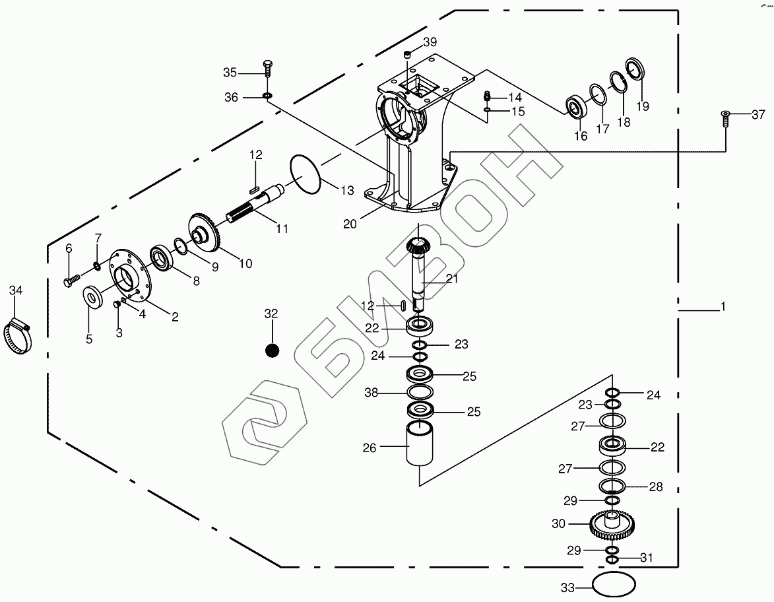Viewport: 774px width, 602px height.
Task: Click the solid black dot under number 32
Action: [272, 351]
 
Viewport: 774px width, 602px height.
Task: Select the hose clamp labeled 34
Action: [17, 336]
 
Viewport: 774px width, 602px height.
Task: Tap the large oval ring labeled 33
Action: [614, 585]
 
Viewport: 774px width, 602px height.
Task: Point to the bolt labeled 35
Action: [267, 69]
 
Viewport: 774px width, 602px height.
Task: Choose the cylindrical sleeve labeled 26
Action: [420, 446]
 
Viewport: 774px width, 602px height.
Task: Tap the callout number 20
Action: [350, 224]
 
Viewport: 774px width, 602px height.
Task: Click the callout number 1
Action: [723, 307]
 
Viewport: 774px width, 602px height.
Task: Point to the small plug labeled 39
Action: [409, 53]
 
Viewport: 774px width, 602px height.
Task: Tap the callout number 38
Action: [371, 393]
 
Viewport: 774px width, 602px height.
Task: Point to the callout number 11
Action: [282, 229]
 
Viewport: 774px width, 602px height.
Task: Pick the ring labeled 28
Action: [612, 487]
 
